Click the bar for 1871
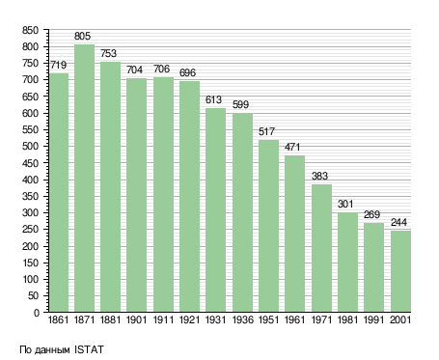(x=84, y=179)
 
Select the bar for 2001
(x=400, y=271)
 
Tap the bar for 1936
(x=242, y=212)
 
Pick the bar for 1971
(x=321, y=248)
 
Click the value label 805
(x=82, y=36)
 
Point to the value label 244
(x=398, y=222)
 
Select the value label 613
(x=213, y=99)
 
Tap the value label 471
(x=292, y=147)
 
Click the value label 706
(x=161, y=69)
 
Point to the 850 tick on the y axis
(x=30, y=30)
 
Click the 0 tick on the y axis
(x=37, y=313)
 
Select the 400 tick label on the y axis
(x=30, y=180)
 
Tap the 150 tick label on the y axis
(x=30, y=263)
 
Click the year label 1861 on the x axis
(x=58, y=319)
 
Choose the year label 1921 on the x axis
(x=189, y=319)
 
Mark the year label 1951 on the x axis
(x=268, y=319)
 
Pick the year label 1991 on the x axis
(x=373, y=319)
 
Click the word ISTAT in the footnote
(x=89, y=349)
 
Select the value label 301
(x=345, y=204)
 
